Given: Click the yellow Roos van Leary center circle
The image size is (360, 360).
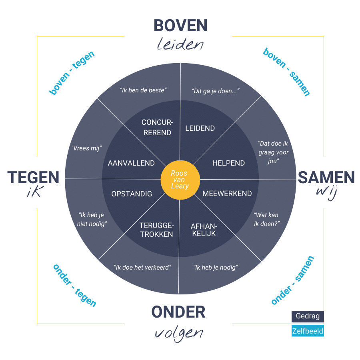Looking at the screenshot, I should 180,180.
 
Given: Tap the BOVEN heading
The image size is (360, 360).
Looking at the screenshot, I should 180,25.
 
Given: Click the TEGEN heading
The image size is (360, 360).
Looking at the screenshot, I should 33,177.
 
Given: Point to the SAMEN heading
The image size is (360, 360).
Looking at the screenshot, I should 326,177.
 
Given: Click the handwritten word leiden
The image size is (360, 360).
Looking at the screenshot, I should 180,44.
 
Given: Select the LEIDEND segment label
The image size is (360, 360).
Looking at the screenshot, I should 200,128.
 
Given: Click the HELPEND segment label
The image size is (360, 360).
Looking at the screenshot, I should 228,163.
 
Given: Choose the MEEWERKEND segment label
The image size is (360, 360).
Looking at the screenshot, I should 227,194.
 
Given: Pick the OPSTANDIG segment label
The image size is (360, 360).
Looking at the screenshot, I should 132,194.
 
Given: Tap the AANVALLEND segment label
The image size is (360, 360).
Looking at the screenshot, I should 131,163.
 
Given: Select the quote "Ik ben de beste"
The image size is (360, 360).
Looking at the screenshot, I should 143,90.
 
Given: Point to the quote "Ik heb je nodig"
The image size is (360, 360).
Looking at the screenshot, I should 216,267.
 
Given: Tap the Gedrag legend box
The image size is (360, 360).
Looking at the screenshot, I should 308,316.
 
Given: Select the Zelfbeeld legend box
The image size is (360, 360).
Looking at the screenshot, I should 308,331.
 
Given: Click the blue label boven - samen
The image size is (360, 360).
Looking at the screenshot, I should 287,72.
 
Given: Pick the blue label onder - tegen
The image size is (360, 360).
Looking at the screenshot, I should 75,285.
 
